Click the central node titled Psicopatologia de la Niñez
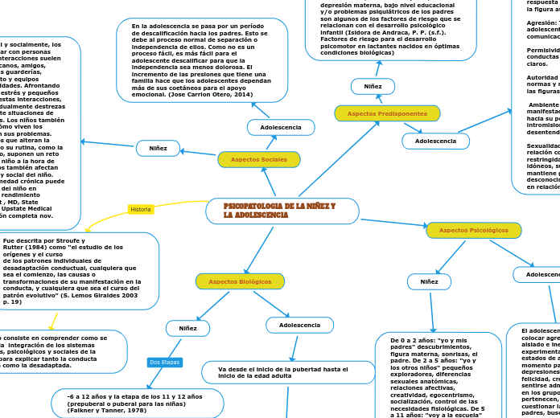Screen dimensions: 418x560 coord(282,211)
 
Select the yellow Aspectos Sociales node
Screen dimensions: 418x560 coord(259,159)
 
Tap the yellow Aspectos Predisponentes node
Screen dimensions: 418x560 coord(387,113)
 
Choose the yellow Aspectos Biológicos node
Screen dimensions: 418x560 coord(240,281)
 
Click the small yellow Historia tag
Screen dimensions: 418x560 coord(141,209)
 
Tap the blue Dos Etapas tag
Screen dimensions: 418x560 coord(165,363)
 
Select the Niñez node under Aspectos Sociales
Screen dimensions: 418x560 coord(159,148)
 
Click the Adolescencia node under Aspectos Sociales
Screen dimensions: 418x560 coord(281,127)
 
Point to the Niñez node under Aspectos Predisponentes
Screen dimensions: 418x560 coord(373,86)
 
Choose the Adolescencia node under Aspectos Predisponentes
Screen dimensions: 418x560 coord(435,141)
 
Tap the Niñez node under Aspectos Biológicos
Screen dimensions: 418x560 coord(187,328)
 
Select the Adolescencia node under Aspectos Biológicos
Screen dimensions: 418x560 coord(299,325)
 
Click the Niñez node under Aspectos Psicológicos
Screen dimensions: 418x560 coord(429,281)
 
